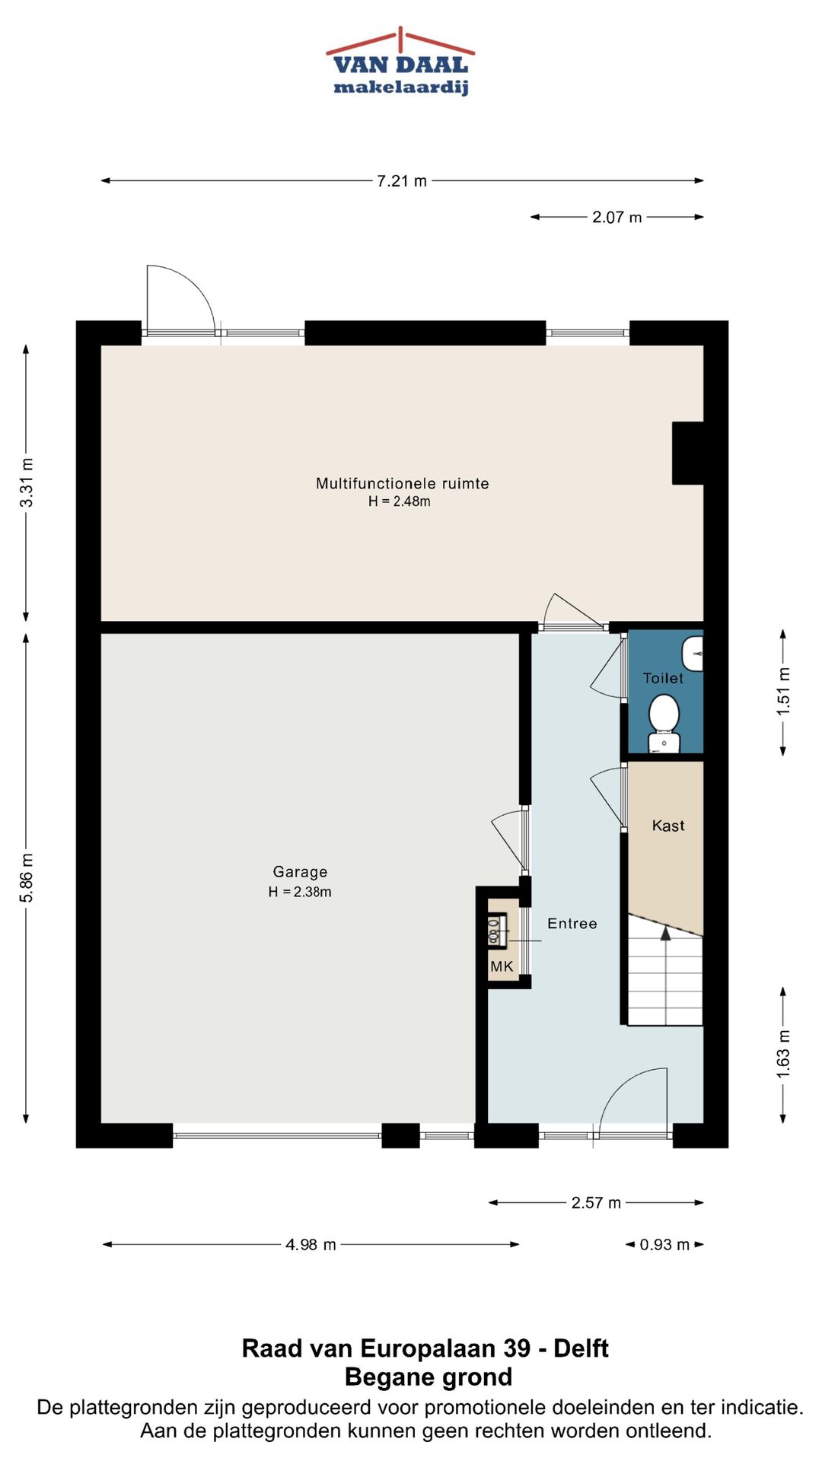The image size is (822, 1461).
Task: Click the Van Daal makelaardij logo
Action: pos(401,62)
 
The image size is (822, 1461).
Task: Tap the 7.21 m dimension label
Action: pos(402,181)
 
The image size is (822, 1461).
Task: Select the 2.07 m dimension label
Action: pos(617,218)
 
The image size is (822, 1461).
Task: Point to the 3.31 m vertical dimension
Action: pos(27,483)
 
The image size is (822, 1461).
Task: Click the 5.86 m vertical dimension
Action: pos(27,878)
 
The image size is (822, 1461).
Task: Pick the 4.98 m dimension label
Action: pos(311,1245)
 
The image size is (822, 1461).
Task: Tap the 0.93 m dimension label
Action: pos(664,1245)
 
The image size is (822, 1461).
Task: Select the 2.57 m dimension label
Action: pos(596,1203)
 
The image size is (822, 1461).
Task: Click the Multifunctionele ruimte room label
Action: pos(403,483)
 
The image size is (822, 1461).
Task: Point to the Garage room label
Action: pos(301,872)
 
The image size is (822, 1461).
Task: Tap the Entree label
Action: pos(572,924)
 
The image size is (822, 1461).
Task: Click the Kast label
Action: pos(668,826)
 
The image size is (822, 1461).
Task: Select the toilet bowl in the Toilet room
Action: pos(664,723)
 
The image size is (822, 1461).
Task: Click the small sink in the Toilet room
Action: pos(693,654)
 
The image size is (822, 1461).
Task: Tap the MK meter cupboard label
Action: pos(502,966)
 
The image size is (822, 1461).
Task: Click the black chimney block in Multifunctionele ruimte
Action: pos(688,453)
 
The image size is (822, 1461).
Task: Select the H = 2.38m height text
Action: pos(300,892)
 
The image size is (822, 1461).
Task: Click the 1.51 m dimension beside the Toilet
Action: pos(784,692)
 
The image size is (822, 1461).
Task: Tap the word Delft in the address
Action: pos(581,1348)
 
